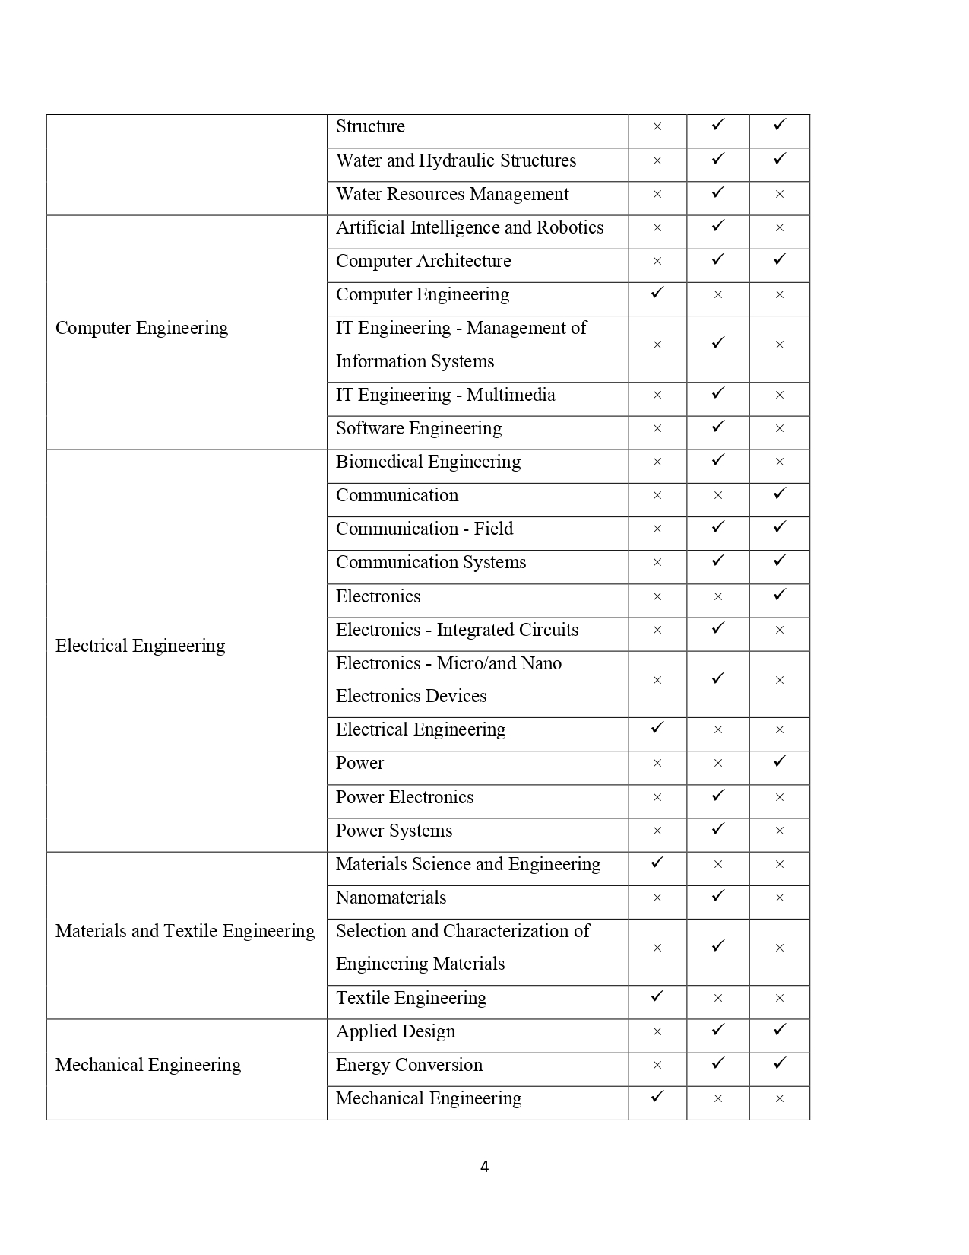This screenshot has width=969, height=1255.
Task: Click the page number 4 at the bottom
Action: (484, 1167)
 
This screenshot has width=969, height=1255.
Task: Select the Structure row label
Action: (370, 126)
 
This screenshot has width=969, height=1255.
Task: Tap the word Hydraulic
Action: (456, 160)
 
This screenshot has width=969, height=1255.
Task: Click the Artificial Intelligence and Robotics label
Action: (469, 227)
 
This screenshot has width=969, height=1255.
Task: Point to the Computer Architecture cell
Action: (423, 261)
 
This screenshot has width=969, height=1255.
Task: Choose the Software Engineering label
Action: (419, 428)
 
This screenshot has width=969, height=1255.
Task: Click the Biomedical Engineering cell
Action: (428, 462)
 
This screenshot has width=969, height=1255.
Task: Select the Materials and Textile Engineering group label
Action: (185, 931)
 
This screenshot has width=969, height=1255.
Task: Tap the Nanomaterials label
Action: (391, 898)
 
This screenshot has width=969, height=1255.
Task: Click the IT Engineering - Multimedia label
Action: (445, 395)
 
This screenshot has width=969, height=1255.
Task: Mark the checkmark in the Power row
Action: (779, 761)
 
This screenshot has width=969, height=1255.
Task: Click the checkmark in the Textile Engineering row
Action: (657, 996)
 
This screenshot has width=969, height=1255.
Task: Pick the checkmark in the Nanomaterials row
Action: (718, 896)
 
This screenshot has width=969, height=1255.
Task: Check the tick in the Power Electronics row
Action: (718, 796)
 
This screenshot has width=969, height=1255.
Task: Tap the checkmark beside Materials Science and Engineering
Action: (657, 862)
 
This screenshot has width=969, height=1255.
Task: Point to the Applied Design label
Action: (395, 1031)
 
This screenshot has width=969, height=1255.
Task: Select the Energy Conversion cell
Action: (409, 1065)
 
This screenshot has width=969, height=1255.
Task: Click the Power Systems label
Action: (394, 831)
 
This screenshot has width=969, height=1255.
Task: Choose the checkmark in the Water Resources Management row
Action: (718, 192)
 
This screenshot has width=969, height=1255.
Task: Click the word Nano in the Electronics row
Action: (542, 663)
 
